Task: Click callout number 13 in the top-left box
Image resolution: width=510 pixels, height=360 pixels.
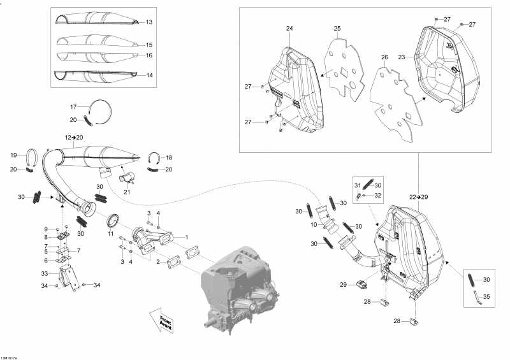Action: (149, 22)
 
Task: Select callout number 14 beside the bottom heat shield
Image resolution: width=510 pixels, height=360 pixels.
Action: (149, 75)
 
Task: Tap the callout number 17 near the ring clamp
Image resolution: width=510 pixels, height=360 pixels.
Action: (73, 106)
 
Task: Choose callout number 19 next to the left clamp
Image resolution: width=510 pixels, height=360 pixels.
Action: (14, 155)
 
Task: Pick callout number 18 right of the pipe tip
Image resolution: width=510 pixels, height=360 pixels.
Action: (168, 157)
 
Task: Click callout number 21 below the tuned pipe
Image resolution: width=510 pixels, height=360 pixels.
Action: (126, 192)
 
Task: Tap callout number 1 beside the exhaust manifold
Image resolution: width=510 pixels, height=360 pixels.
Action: (186, 237)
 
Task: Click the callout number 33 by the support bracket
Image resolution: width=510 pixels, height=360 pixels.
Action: (45, 274)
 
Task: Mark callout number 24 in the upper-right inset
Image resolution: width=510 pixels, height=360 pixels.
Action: (289, 29)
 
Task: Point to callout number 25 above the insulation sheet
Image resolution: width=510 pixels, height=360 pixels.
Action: (337, 29)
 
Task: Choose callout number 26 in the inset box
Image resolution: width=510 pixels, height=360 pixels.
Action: (384, 57)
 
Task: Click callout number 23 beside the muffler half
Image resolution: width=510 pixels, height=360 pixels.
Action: (402, 57)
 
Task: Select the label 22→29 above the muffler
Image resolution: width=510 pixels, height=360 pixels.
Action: (418, 197)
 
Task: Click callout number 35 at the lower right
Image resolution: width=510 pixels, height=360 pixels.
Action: (486, 296)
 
